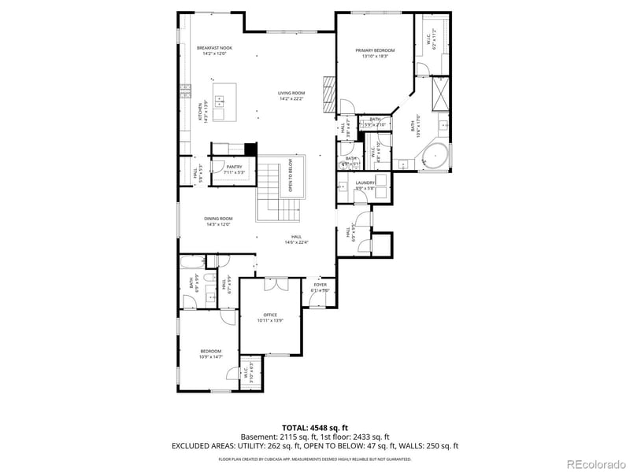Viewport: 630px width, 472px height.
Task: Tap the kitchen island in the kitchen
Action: pyautogui.click(x=220, y=101)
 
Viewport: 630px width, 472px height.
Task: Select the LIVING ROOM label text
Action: pyautogui.click(x=291, y=93)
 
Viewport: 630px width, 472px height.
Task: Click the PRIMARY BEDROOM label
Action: pyautogui.click(x=375, y=50)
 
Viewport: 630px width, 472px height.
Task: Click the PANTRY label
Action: pyautogui.click(x=234, y=167)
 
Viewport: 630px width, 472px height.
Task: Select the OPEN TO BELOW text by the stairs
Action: pyautogui.click(x=291, y=176)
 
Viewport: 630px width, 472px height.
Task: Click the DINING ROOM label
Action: pyautogui.click(x=218, y=219)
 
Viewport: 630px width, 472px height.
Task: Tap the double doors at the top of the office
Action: pyautogui.click(x=271, y=284)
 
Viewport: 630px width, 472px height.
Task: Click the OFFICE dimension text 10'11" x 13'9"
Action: pyautogui.click(x=269, y=321)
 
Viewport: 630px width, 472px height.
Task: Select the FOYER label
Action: pyautogui.click(x=320, y=286)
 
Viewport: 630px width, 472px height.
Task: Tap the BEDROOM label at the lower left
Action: pyautogui.click(x=210, y=351)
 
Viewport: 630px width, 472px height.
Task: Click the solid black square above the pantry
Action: pyautogui.click(x=250, y=149)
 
